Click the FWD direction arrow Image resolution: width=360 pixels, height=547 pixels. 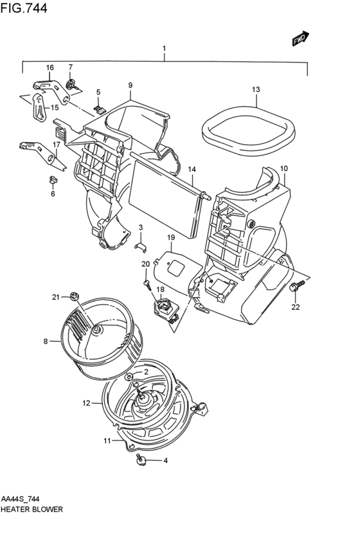[300, 39]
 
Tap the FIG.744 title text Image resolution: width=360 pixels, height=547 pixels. [24, 8]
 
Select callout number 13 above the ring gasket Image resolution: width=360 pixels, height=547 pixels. [256, 89]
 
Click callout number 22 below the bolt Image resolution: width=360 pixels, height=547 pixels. [296, 307]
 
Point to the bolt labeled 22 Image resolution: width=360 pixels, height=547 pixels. [296, 285]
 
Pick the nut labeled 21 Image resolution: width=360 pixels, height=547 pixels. [73, 296]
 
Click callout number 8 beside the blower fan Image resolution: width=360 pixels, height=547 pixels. [46, 341]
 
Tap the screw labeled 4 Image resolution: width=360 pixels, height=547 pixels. [141, 460]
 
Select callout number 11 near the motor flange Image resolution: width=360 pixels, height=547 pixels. [107, 441]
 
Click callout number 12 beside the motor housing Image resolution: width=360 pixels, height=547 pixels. [86, 403]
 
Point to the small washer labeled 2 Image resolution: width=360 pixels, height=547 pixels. [129, 377]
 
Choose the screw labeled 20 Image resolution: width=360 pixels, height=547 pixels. [148, 285]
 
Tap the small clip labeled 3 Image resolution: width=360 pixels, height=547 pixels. [141, 246]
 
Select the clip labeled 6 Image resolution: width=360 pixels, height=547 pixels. [53, 180]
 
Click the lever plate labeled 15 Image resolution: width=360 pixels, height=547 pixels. [39, 108]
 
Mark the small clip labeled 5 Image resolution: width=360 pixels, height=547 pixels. [100, 109]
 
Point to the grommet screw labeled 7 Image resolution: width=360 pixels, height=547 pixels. [71, 85]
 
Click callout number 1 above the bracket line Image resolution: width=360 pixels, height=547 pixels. [164, 48]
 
